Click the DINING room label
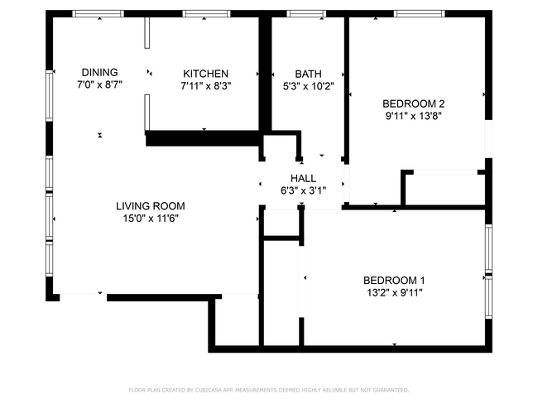99,72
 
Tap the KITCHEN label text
205,74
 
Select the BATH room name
308,74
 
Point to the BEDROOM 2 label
414,103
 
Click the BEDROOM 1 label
394,281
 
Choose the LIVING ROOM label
151,206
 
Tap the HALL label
303,178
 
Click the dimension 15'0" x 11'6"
151,219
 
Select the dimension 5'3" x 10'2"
308,86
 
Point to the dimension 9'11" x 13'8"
414,116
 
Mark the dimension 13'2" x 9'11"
394,293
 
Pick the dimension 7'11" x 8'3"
206,86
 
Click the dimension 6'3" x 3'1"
303,190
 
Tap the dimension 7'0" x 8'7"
99,84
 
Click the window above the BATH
306,14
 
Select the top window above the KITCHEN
206,14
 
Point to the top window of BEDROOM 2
420,14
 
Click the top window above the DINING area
98,14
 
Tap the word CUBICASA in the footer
209,390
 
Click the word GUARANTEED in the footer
391,390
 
